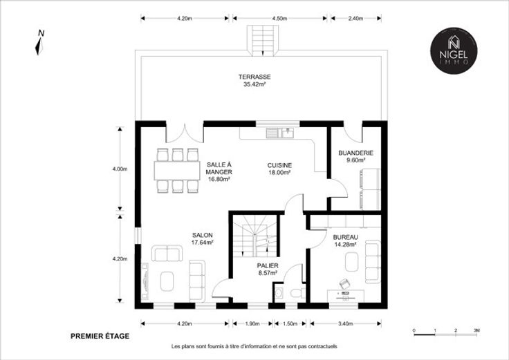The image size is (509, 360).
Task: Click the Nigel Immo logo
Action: [454, 50]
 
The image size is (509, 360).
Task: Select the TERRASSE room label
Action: [254, 77]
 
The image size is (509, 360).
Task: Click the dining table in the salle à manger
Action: [177, 171]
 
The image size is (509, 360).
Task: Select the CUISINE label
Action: [279, 165]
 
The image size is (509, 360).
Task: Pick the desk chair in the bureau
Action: [344, 284]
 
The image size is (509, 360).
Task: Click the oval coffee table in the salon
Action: [167, 281]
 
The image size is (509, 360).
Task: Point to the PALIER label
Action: [268, 265]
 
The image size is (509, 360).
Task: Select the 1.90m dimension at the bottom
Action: [252, 323]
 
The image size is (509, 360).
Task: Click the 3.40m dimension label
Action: [345, 323]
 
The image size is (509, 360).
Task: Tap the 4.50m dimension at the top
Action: [280, 19]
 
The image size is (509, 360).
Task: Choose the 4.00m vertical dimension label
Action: [120, 169]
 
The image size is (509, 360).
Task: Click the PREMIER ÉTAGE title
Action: [100, 337]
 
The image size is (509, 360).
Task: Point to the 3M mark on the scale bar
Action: [476, 330]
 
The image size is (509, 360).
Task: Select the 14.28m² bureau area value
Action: [345, 245]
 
